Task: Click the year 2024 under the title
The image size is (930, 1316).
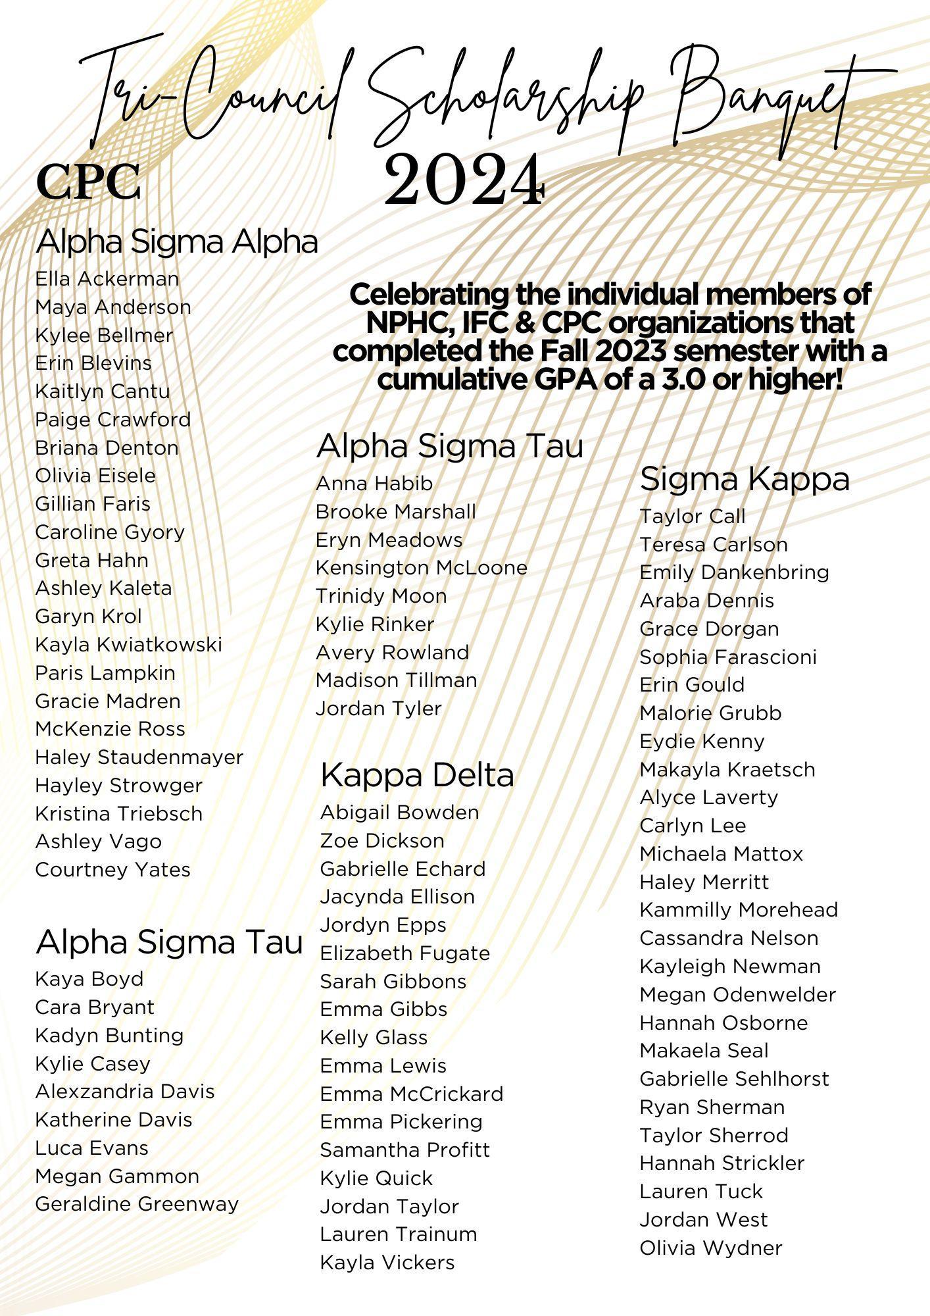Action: click(x=464, y=180)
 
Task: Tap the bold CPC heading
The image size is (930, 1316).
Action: click(x=89, y=182)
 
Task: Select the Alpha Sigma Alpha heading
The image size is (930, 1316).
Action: click(x=176, y=241)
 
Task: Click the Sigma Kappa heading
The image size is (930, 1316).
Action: click(x=745, y=479)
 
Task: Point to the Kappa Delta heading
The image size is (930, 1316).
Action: click(x=417, y=774)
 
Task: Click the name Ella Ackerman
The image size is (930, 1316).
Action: click(x=107, y=279)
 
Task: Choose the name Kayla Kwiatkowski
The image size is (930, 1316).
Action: click(x=128, y=644)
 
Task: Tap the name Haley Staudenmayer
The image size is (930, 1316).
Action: click(x=139, y=757)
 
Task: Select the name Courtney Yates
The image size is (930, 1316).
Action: click(x=112, y=869)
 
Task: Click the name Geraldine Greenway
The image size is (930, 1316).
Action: click(x=137, y=1204)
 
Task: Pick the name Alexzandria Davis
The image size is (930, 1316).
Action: click(x=125, y=1092)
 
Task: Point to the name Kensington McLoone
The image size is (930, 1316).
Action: click(x=421, y=567)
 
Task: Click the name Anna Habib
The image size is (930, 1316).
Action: click(x=374, y=484)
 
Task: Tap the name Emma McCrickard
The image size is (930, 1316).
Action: click(x=411, y=1094)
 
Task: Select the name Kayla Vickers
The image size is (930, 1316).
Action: click(x=387, y=1263)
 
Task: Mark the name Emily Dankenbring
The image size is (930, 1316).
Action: click(x=734, y=572)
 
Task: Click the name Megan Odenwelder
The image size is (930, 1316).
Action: click(x=737, y=994)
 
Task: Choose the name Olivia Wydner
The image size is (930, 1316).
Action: click(x=711, y=1248)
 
